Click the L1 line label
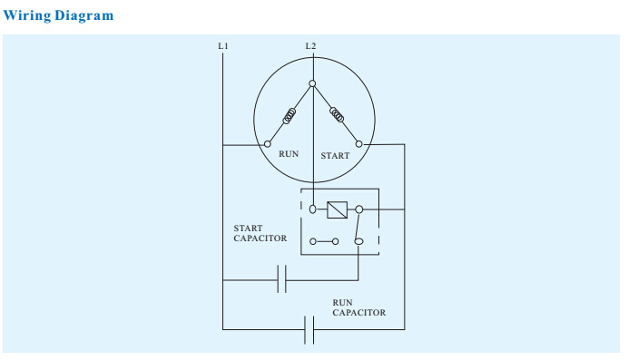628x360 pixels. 223,46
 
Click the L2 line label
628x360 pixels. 310,46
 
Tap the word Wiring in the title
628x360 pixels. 27,15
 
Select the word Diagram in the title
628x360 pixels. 83,15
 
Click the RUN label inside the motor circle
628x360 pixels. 289,154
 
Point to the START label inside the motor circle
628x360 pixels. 335,156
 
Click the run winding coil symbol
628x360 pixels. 289,116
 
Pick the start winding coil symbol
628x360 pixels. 337,114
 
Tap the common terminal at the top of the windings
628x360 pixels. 312,83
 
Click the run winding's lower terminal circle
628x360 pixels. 268,144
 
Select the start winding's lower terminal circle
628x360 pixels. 359,144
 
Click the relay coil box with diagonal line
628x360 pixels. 338,209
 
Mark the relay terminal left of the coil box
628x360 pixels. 313,209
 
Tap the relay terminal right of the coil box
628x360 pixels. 359,209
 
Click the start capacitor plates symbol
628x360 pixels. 281,278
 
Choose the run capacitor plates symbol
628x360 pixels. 309,330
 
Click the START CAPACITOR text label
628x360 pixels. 260,233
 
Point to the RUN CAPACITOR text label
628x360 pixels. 358,307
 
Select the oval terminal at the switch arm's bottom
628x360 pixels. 358,241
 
